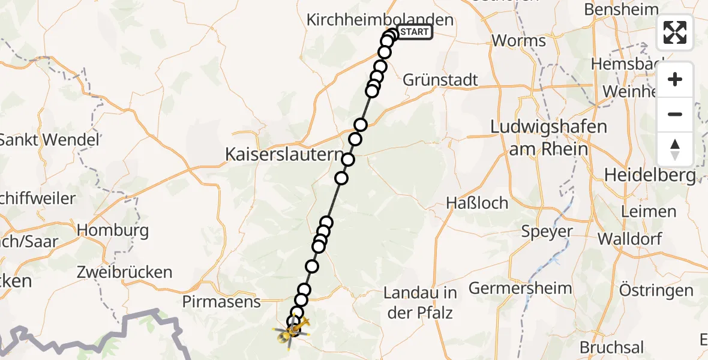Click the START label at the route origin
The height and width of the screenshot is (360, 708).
415,32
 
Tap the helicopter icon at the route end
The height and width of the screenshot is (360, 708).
291,328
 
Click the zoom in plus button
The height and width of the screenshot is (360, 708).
675,79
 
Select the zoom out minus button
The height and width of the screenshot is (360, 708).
675,114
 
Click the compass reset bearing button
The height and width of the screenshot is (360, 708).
675,149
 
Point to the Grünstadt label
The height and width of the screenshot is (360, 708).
440,80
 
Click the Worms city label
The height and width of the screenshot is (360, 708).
518,41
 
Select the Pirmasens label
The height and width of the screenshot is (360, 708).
223,301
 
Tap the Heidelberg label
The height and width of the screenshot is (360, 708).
650,175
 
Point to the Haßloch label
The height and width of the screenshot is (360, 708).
477,203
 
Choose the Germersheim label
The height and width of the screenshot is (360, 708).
520,289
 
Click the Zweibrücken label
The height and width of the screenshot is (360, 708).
124,272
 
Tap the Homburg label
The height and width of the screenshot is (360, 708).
113,230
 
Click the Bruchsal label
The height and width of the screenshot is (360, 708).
611,347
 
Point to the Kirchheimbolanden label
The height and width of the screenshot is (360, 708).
379,20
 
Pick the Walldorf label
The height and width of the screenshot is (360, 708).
629,239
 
